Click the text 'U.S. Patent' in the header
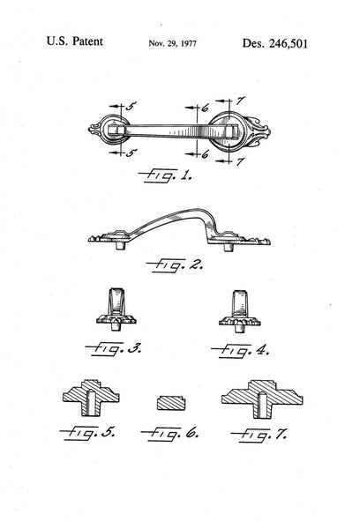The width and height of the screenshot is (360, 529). (x=74, y=41)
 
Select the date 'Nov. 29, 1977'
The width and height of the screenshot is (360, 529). (x=172, y=43)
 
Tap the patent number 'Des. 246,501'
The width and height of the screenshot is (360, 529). (x=275, y=43)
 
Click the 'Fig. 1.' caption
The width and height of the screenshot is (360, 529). (x=165, y=175)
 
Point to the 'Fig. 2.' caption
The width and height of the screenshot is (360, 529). (x=175, y=265)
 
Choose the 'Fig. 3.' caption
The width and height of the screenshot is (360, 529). (x=114, y=348)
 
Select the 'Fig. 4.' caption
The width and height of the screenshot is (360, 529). (x=241, y=351)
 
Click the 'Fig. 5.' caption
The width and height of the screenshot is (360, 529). (x=87, y=433)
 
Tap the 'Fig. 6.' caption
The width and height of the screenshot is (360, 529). (x=169, y=433)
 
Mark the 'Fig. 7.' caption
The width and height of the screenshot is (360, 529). (x=259, y=435)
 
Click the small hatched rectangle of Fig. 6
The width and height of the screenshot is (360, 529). (x=171, y=403)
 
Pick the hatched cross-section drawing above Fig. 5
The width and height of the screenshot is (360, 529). (x=91, y=398)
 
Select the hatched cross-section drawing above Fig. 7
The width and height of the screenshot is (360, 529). (x=262, y=399)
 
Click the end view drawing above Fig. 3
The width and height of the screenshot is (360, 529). (x=116, y=309)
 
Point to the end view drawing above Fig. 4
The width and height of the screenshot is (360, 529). (x=239, y=311)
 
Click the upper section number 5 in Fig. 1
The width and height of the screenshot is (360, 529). (x=131, y=106)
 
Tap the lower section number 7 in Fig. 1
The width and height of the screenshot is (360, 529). (x=240, y=161)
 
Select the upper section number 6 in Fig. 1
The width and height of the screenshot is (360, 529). (x=205, y=108)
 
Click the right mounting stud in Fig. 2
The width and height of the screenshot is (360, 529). (x=229, y=247)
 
